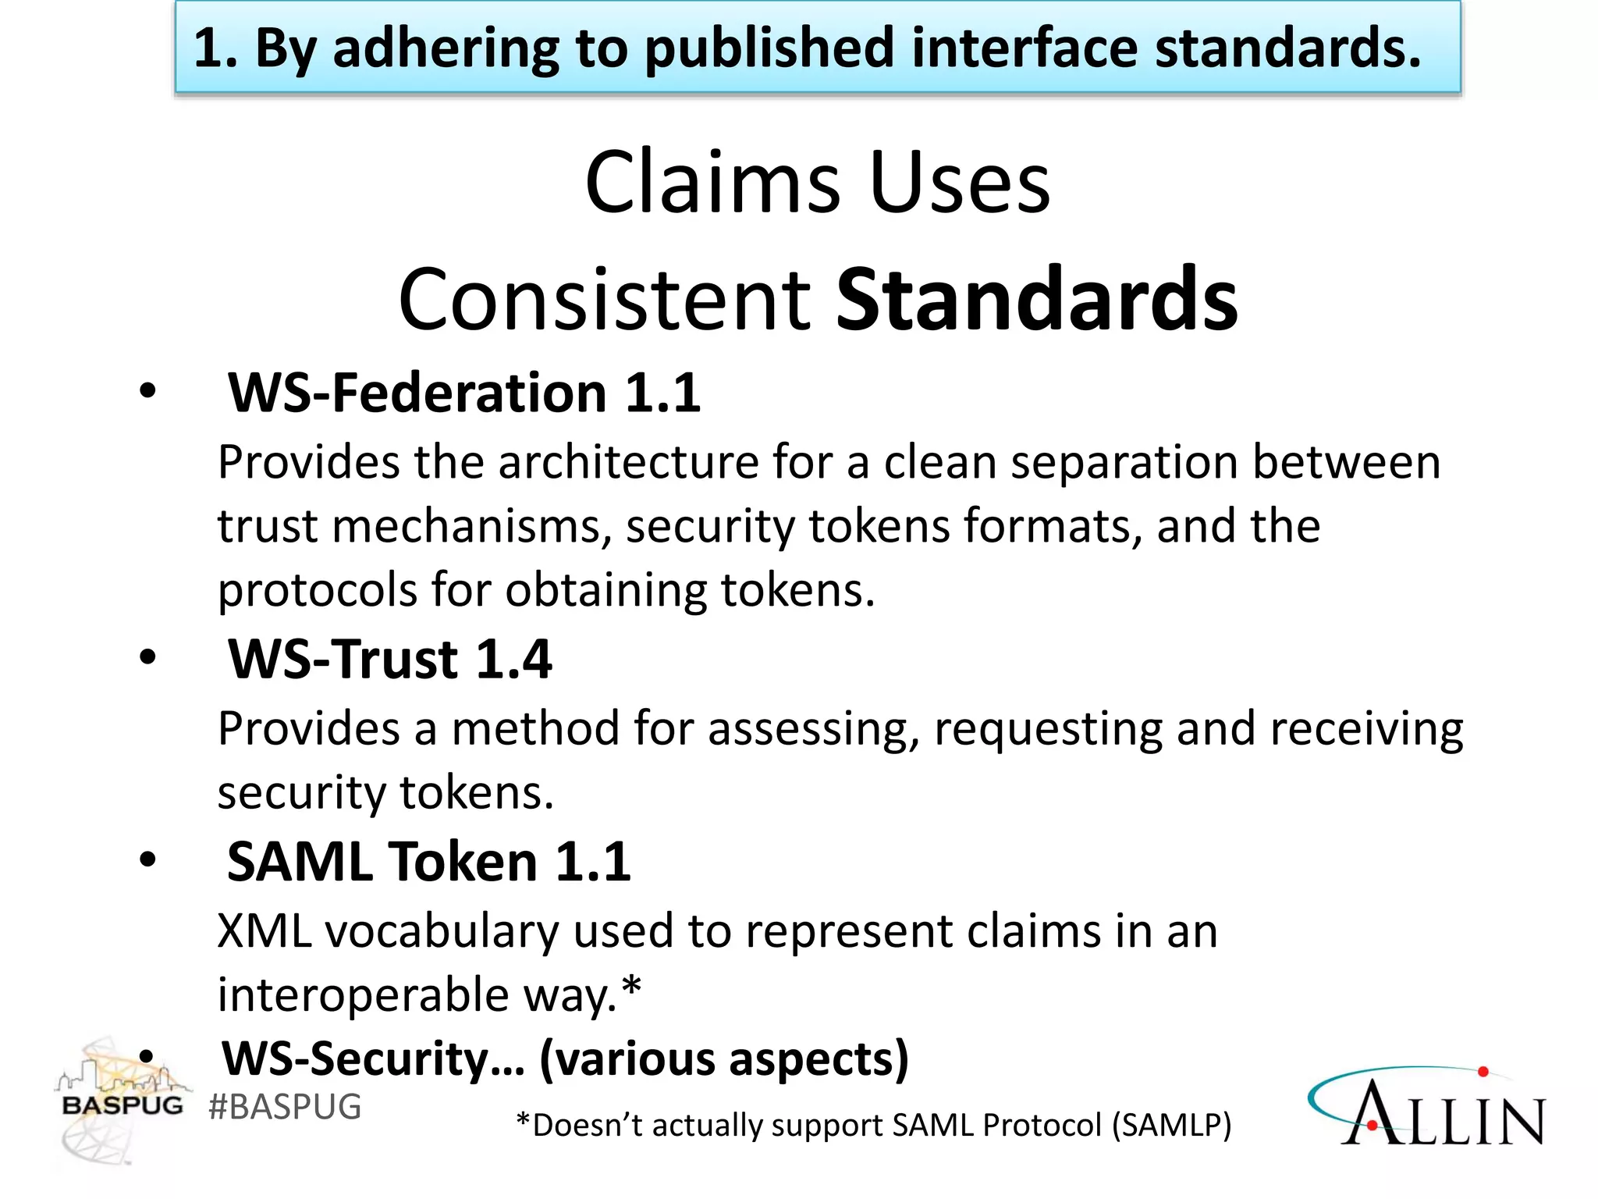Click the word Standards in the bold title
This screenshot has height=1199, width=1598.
click(1036, 300)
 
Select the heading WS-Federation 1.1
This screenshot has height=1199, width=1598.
click(463, 393)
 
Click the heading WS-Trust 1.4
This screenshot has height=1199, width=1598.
click(389, 660)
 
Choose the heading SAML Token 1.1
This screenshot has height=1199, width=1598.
click(428, 863)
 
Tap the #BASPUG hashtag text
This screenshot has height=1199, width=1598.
click(285, 1107)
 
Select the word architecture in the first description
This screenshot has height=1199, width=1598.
click(628, 462)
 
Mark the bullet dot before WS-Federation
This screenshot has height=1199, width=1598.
click(147, 391)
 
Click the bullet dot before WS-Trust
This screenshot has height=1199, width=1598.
click(147, 658)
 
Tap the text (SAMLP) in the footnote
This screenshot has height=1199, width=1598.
click(1171, 1126)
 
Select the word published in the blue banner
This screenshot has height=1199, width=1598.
click(769, 48)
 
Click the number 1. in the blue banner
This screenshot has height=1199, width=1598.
click(215, 48)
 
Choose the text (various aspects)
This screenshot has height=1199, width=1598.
click(724, 1059)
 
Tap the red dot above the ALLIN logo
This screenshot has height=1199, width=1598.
click(1483, 1073)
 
